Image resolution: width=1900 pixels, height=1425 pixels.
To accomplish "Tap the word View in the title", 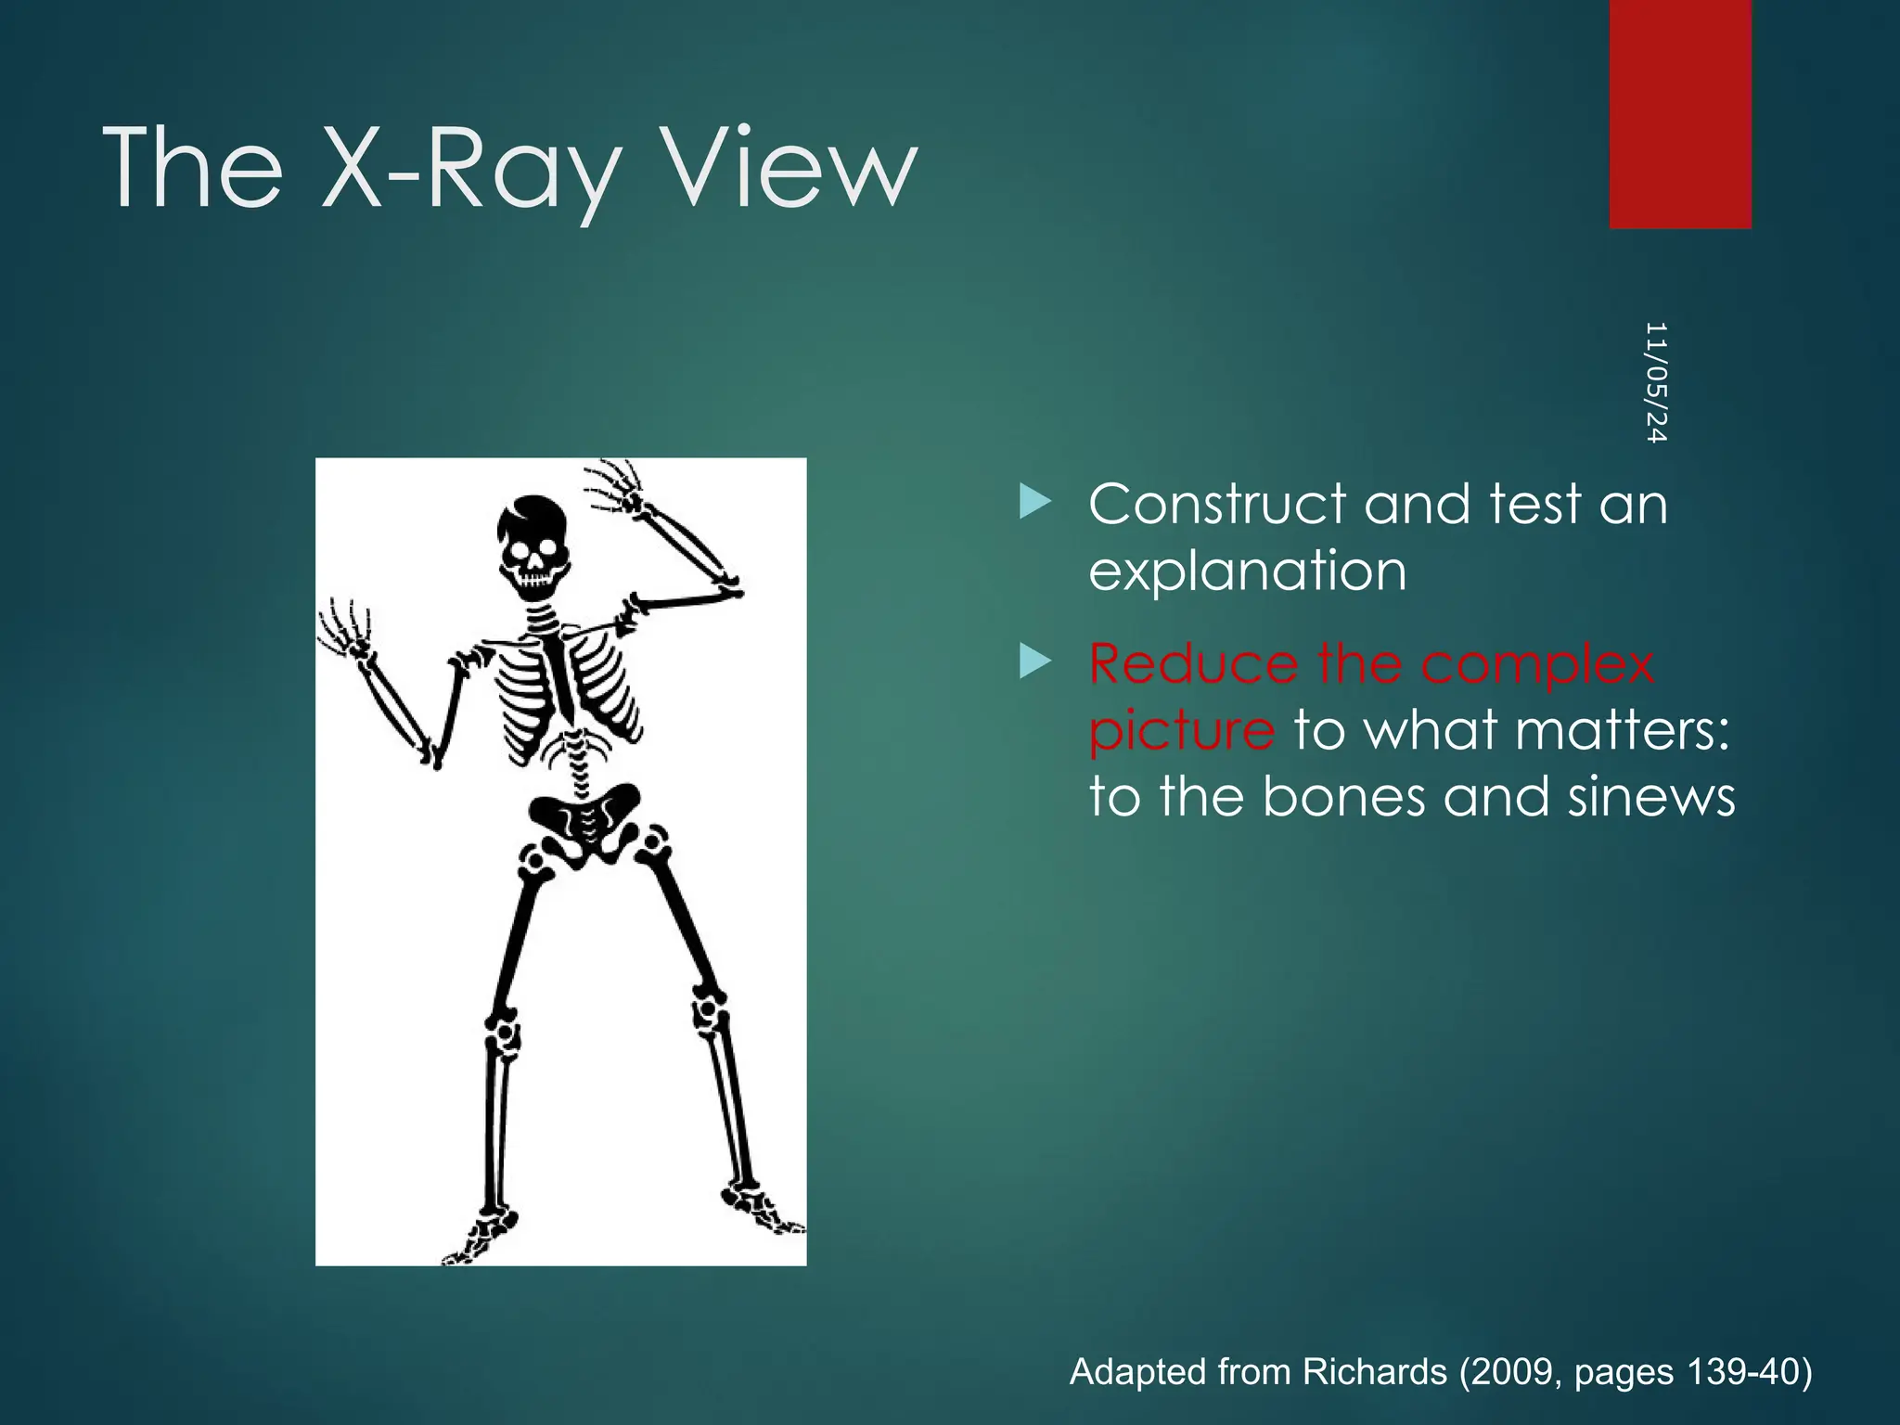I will click(x=792, y=170).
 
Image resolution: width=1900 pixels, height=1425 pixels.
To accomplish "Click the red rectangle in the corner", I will click(x=1680, y=113).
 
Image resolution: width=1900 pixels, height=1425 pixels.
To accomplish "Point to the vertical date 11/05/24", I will click(x=1656, y=382).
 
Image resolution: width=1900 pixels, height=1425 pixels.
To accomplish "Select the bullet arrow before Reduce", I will click(x=1034, y=661).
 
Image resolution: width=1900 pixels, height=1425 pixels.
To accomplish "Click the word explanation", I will click(x=1247, y=571).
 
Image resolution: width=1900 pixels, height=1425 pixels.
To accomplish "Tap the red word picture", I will click(x=1182, y=730).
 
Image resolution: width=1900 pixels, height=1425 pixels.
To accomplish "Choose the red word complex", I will click(x=1537, y=663).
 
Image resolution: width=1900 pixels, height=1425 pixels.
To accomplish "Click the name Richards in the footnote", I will click(x=1374, y=1371).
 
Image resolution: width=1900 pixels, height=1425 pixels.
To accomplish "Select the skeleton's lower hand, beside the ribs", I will click(x=345, y=631).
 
